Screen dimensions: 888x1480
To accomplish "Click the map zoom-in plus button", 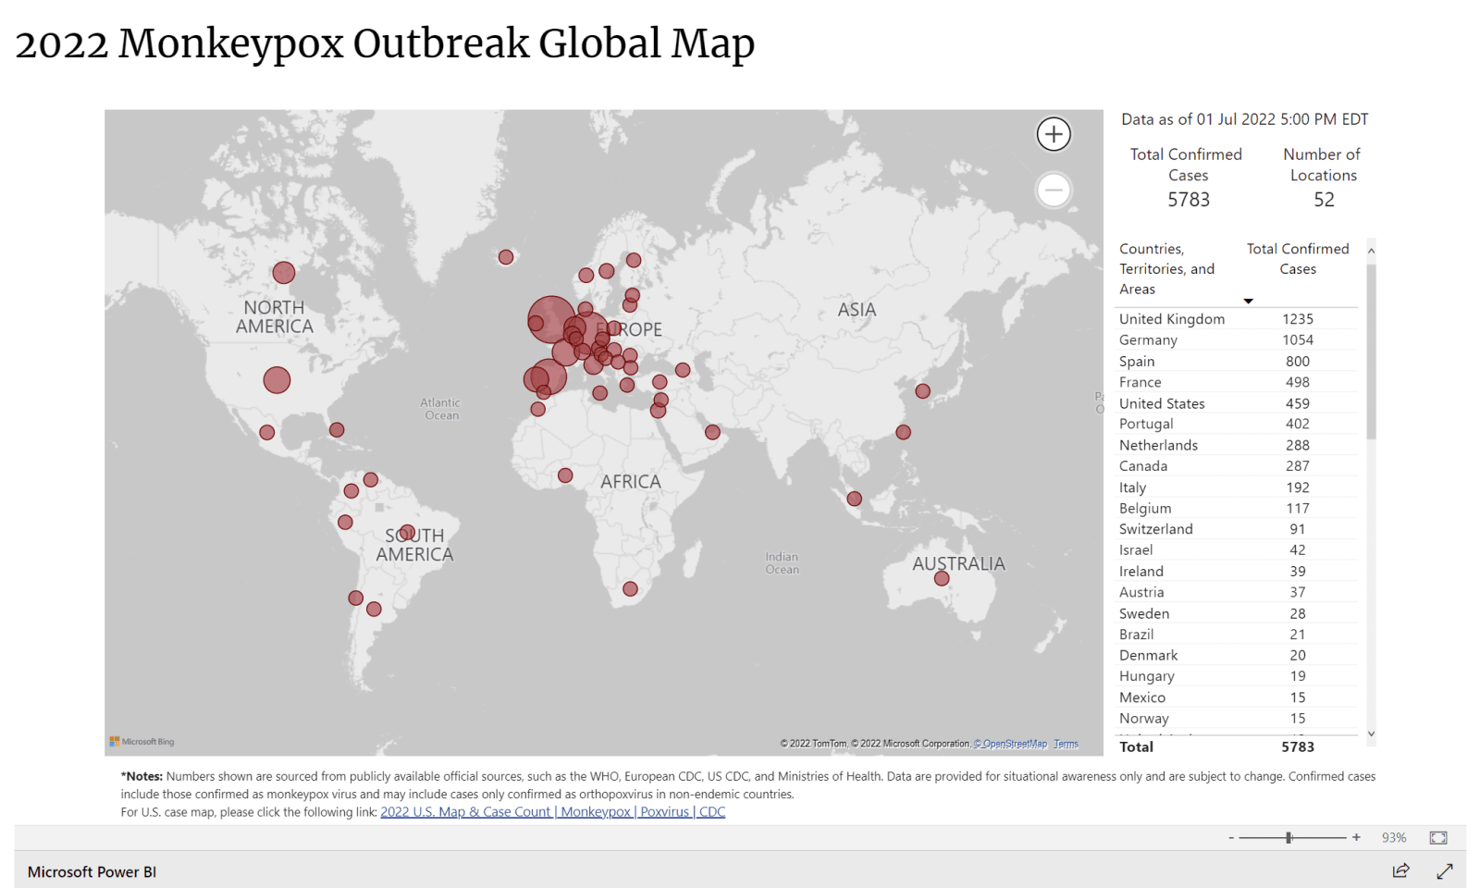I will coord(1054,134).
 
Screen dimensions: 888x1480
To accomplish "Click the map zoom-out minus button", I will coord(1054,191).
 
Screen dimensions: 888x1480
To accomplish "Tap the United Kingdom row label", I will coord(1171,319).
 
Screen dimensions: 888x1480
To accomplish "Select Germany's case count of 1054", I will coord(1297,340).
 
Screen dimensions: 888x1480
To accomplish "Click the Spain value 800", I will coord(1297,362).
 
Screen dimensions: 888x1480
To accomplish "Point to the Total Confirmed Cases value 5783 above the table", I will coord(1188,200).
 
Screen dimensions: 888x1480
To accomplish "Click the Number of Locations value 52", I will coord(1324,200).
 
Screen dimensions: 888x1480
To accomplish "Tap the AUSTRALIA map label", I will coord(958,563).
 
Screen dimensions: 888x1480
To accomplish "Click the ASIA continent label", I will coord(857,310).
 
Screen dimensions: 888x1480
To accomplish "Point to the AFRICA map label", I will coord(631,482).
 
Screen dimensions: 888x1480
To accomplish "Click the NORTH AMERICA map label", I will coord(275,316).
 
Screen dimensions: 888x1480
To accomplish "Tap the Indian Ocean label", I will coord(782,563).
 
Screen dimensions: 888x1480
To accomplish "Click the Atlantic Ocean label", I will coord(440,409).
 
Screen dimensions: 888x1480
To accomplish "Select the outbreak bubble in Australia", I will coord(942,579).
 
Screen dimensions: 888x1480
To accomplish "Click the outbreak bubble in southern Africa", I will coord(630,589).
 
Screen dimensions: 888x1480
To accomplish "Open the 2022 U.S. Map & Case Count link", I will coord(552,812).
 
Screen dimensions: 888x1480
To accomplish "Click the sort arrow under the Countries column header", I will coord(1248,301).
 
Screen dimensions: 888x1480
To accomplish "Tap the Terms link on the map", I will coord(1066,744).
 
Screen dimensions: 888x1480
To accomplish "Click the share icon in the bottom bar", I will coord(1400,870).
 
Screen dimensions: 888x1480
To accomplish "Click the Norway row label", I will coord(1143,719).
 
